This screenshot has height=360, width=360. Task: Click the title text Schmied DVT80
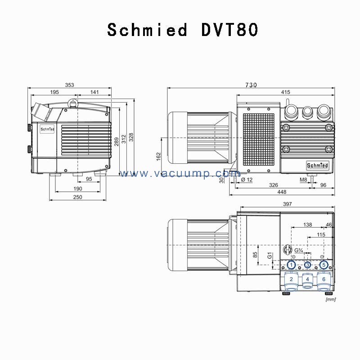pyautogui.click(x=182, y=30)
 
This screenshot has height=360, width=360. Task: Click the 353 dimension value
pyautogui.click(x=69, y=85)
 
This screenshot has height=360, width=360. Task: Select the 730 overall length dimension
pyautogui.click(x=251, y=85)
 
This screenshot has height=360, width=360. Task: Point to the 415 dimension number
pyautogui.click(x=285, y=92)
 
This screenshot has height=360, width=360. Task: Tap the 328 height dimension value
pyautogui.click(x=131, y=137)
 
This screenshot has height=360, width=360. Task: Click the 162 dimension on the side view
pyautogui.click(x=158, y=156)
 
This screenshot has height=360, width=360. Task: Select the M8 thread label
pyautogui.click(x=303, y=180)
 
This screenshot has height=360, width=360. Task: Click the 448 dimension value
pyautogui.click(x=282, y=192)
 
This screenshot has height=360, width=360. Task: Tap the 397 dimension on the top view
pyautogui.click(x=287, y=204)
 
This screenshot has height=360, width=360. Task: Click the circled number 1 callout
pyautogui.click(x=291, y=265)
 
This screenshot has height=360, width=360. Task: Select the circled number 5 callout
pyautogui.click(x=324, y=265)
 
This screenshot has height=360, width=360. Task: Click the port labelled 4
pyautogui.click(x=307, y=279)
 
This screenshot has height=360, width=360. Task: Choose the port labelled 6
pyautogui.click(x=324, y=279)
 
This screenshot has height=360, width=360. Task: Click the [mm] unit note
pyautogui.click(x=330, y=298)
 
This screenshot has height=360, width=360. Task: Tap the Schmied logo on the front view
pyautogui.click(x=47, y=128)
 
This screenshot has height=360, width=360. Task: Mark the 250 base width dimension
pyautogui.click(x=77, y=198)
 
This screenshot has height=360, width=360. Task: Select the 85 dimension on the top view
pyautogui.click(x=255, y=256)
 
